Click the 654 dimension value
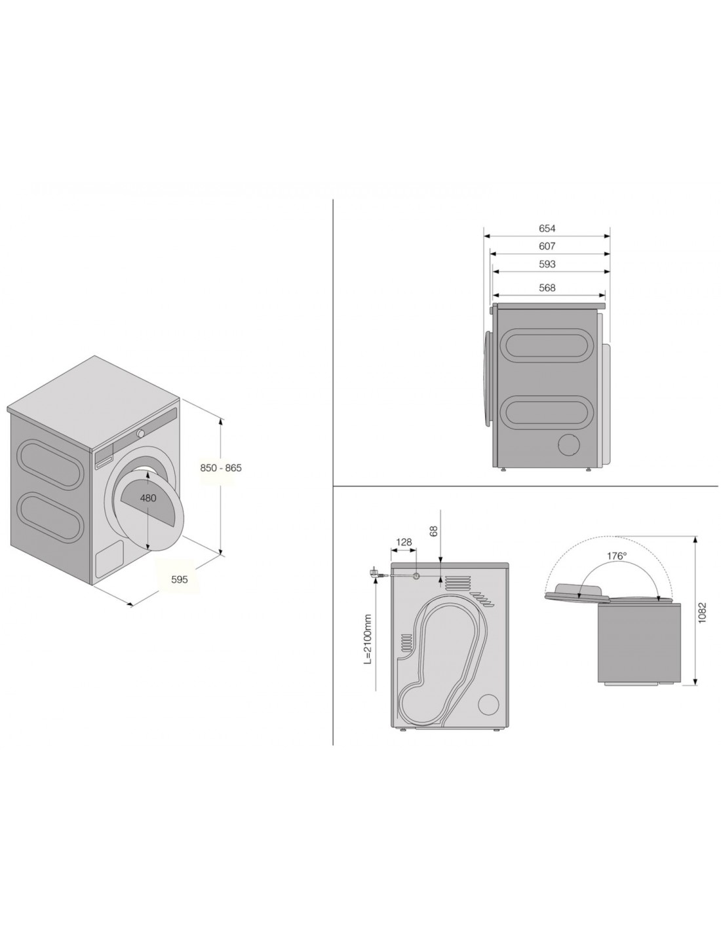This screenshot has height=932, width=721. tap(547, 229)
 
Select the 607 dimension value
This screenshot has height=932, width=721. tap(547, 246)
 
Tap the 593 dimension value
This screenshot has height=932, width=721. tap(547, 264)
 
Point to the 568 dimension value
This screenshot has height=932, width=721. tap(547, 287)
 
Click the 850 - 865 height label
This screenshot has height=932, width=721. tap(221, 468)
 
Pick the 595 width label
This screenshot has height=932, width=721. tap(180, 579)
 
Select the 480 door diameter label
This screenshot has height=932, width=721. tap(148, 498)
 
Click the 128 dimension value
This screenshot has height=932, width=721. tap(404, 543)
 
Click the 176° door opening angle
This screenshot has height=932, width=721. tap(617, 556)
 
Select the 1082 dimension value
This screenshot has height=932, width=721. tap(702, 613)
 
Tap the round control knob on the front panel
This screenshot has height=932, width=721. tap(140, 434)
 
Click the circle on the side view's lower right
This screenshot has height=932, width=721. tap(570, 445)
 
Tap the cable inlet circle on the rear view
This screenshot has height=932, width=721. tap(416, 576)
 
